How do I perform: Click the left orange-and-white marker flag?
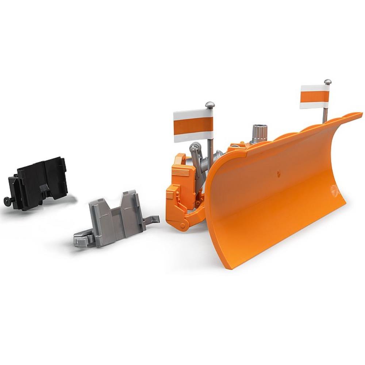coord(193,126)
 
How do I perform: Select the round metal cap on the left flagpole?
coord(210,105)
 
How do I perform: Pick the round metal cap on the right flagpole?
coord(327,82)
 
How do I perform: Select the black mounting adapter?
coord(38,182)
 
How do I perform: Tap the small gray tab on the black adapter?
coord(44,188)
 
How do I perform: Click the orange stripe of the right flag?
coord(314,97)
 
